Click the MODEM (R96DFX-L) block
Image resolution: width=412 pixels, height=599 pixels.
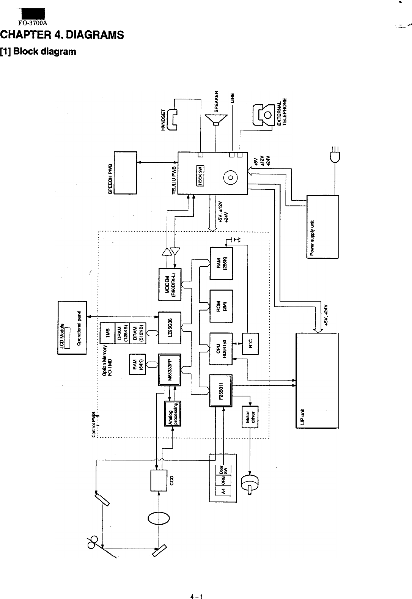point(170,285)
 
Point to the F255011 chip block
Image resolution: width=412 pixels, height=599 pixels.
point(221,390)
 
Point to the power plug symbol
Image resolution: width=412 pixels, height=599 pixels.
point(334,153)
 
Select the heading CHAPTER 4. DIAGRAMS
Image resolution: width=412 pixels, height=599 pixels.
point(63,35)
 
